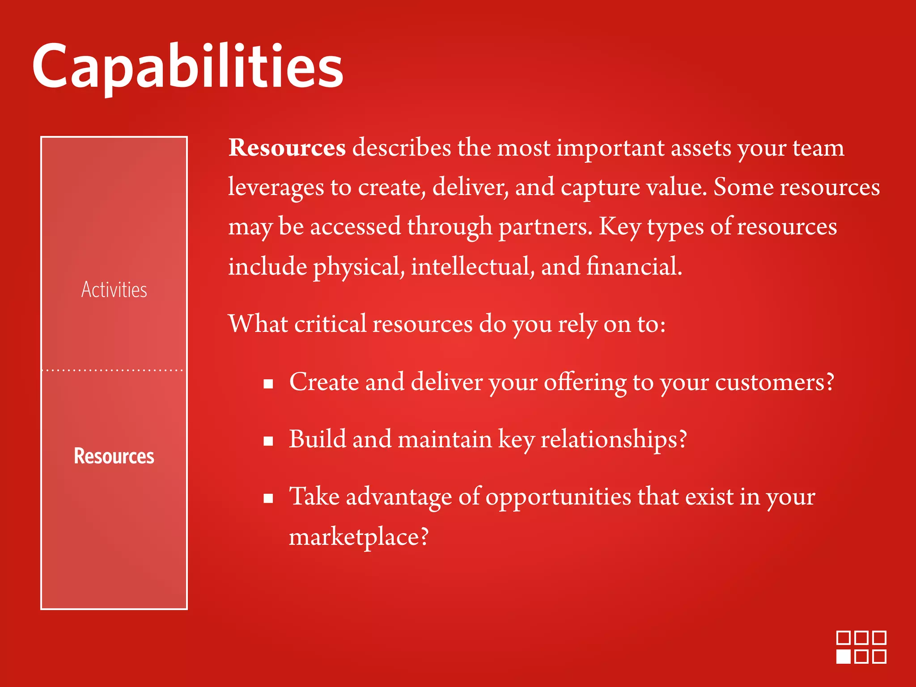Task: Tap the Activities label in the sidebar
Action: click(114, 290)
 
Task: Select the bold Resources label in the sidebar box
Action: click(114, 456)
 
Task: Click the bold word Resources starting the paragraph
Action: click(287, 148)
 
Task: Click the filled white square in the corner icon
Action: click(844, 657)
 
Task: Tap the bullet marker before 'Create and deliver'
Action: click(268, 384)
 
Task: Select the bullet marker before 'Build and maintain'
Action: click(268, 441)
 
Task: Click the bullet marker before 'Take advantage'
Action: click(268, 498)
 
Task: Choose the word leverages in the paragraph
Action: click(276, 187)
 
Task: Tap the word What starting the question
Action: click(258, 324)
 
